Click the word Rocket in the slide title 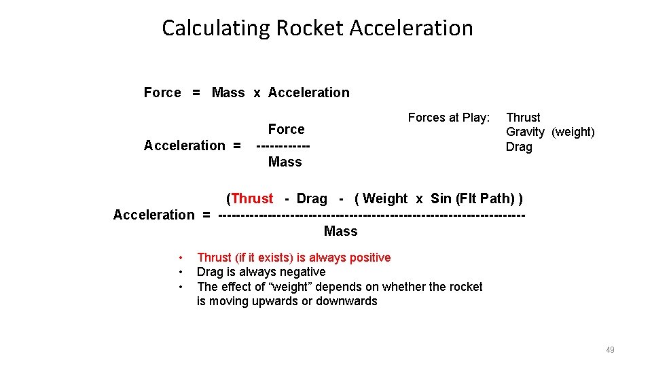coord(313,28)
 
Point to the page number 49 coord(610,350)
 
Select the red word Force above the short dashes coord(286,129)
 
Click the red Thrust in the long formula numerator coord(252,198)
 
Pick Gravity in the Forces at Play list coord(525,132)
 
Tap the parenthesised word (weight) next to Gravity coord(573,132)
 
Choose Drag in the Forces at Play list coord(519,147)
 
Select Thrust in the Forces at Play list coord(523,118)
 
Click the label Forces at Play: coord(448,118)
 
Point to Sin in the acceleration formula coord(441,198)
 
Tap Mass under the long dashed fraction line coord(340,231)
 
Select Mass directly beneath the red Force coord(285,162)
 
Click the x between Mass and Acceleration coord(257,92)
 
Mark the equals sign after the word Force coord(196,92)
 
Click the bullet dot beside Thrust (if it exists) coord(181,258)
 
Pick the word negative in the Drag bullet coord(301,272)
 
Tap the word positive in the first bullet coord(367,258)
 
